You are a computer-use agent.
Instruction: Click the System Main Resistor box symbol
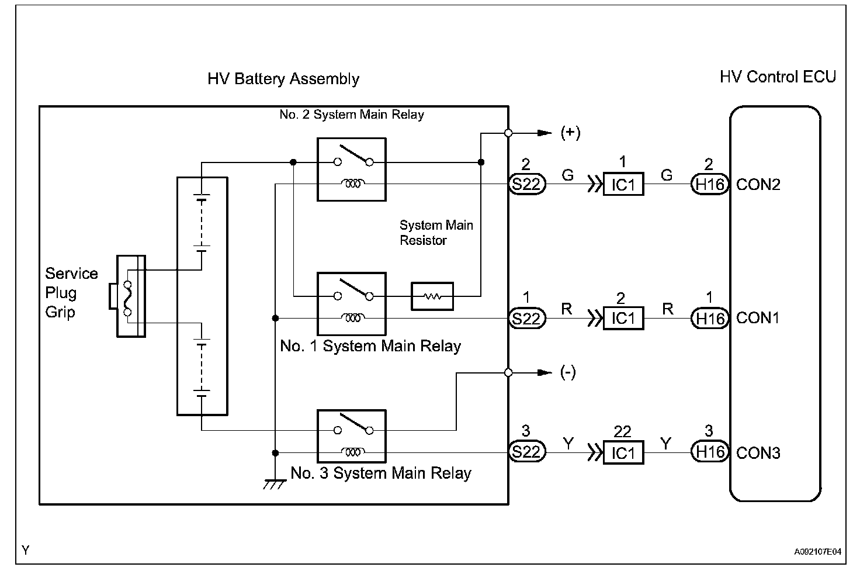pyautogui.click(x=432, y=296)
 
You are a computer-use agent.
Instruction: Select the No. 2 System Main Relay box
pyautogui.click(x=351, y=170)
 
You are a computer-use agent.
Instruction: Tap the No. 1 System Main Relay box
pyautogui.click(x=351, y=303)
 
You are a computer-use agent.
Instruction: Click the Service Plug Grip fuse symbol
pyautogui.click(x=128, y=296)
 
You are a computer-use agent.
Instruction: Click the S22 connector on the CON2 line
pyautogui.click(x=527, y=185)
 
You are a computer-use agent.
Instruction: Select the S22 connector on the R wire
pyautogui.click(x=527, y=319)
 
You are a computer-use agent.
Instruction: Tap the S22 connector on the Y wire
pyautogui.click(x=527, y=452)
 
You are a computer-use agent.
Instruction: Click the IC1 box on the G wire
pyautogui.click(x=623, y=185)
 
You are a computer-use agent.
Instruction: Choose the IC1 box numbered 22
pyautogui.click(x=623, y=452)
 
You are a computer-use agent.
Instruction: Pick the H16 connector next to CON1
pyautogui.click(x=709, y=319)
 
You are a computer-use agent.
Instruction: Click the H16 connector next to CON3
pyautogui.click(x=709, y=452)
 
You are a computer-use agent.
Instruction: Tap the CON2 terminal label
pyautogui.click(x=758, y=185)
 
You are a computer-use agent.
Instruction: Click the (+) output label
pyautogui.click(x=570, y=133)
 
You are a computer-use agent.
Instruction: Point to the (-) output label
pyautogui.click(x=568, y=372)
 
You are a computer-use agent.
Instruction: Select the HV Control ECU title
pyautogui.click(x=778, y=77)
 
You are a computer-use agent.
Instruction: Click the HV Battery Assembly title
pyautogui.click(x=283, y=79)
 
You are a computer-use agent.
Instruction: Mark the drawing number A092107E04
pyautogui.click(x=817, y=551)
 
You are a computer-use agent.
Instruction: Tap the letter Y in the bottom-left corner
pyautogui.click(x=25, y=550)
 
